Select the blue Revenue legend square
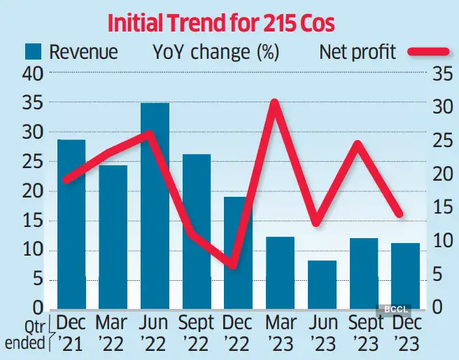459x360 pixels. (36, 51)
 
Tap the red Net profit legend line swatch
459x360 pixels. (428, 52)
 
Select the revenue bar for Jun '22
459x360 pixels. (155, 206)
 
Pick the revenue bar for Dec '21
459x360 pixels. (71, 224)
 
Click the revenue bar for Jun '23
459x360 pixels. (322, 284)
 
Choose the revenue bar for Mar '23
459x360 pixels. (280, 273)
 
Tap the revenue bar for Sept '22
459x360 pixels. (197, 231)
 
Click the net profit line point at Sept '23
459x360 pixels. (358, 144)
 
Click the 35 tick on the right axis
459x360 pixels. (439, 74)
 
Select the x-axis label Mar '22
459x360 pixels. (113, 333)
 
